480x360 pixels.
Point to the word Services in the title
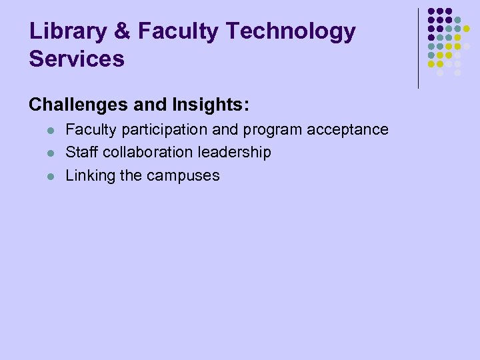(x=77, y=59)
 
